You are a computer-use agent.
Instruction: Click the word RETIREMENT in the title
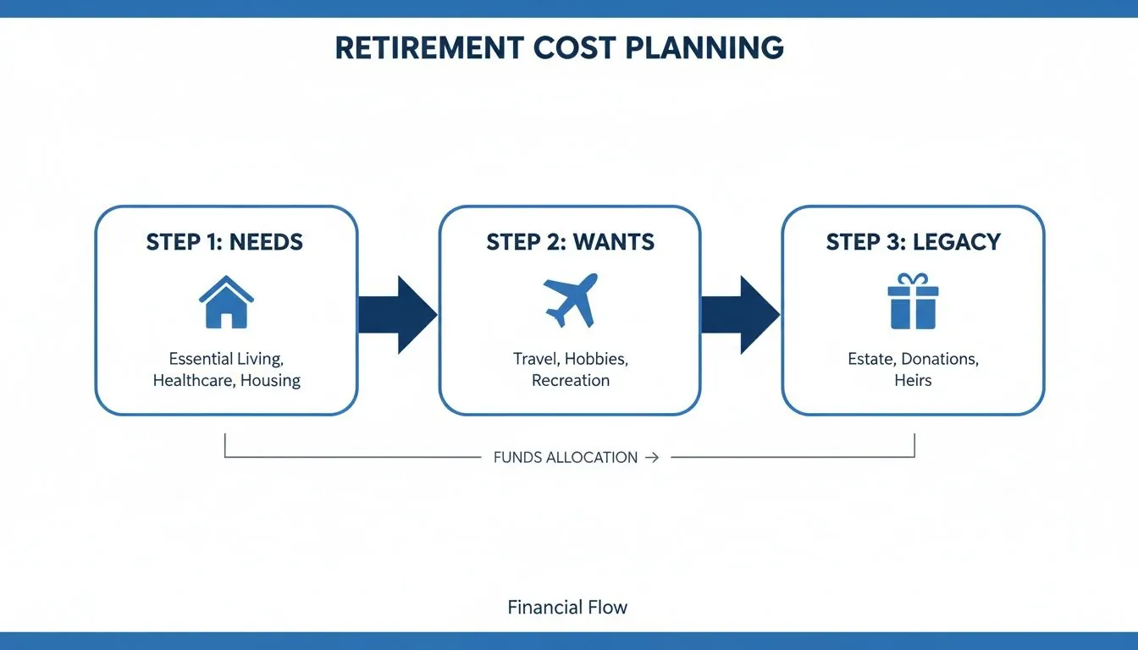[x=428, y=47]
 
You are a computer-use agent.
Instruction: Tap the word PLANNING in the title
[x=704, y=47]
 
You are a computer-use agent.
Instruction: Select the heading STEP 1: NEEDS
[x=224, y=242]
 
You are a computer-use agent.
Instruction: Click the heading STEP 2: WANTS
[x=570, y=242]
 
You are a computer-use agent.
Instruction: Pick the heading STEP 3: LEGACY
[x=913, y=242]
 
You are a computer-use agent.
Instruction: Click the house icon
[x=226, y=302]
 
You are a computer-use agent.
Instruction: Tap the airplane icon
[x=571, y=300]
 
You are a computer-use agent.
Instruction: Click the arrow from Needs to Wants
[x=397, y=315]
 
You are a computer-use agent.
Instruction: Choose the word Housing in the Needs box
[x=270, y=381]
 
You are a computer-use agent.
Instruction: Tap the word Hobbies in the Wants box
[x=596, y=359]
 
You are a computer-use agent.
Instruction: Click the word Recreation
[x=570, y=381]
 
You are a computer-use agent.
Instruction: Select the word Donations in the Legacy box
[x=940, y=359]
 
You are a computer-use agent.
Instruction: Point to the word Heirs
[x=913, y=381]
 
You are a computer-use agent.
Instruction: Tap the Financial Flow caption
[x=567, y=608]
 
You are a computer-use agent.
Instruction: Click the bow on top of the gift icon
[x=913, y=279]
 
